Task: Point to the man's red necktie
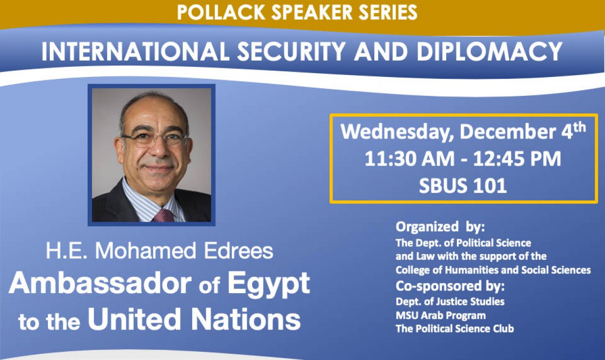[x=163, y=215]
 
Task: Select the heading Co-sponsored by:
[x=450, y=286]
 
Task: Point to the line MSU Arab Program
[x=440, y=315]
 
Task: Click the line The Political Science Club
[x=454, y=329]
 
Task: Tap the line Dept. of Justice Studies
[x=450, y=301]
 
